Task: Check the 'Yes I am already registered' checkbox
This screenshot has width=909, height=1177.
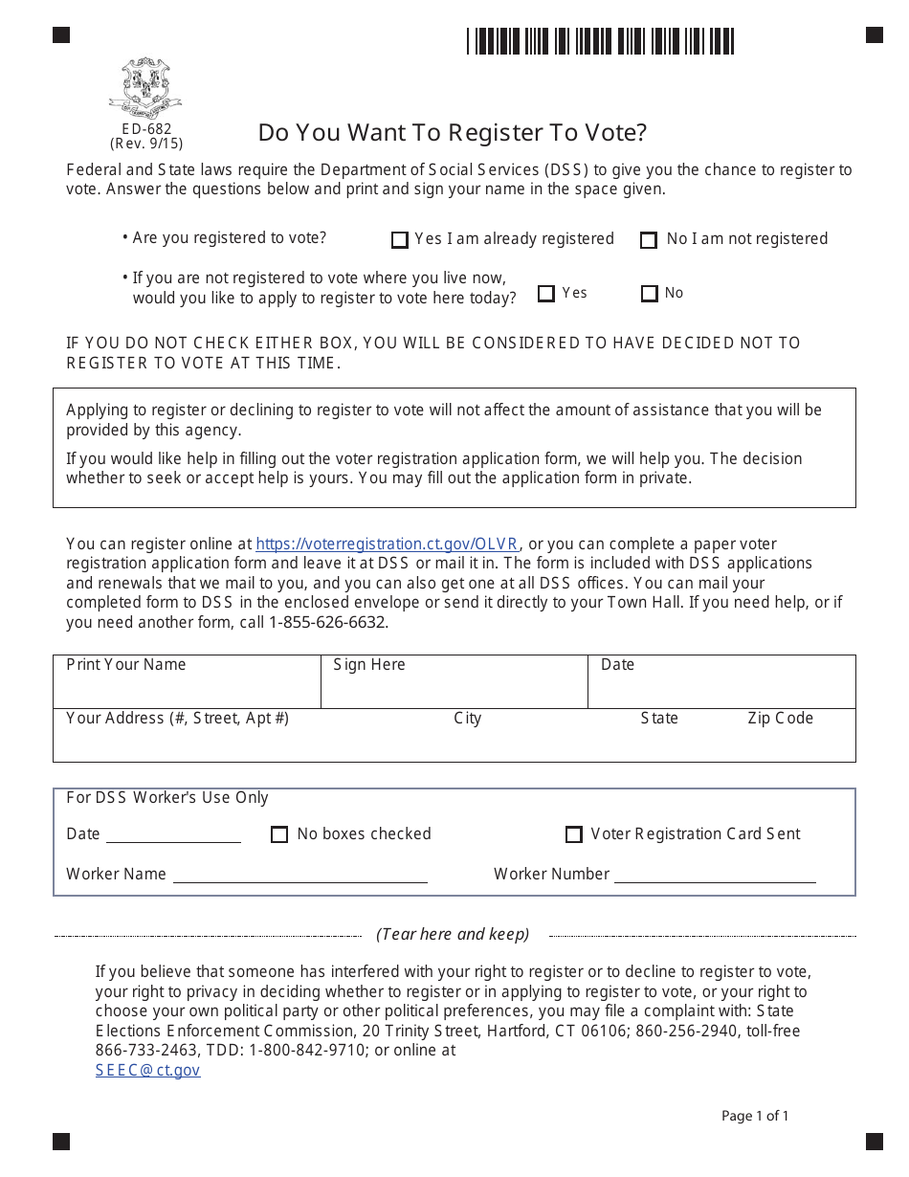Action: [x=400, y=239]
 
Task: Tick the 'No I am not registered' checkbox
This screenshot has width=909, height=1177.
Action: [x=649, y=239]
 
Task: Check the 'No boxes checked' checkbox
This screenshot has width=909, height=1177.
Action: [x=279, y=834]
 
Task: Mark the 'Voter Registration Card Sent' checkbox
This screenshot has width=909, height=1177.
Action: [x=574, y=834]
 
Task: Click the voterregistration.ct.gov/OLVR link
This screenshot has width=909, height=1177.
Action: [x=388, y=544]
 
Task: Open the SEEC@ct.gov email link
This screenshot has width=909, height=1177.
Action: [x=147, y=1070]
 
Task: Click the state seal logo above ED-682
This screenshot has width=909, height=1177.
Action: [x=145, y=87]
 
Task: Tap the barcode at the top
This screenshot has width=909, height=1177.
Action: [x=601, y=41]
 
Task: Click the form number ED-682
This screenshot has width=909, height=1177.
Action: [x=146, y=128]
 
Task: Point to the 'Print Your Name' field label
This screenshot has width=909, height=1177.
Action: [x=126, y=664]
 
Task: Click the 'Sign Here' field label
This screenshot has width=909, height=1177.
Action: [x=369, y=664]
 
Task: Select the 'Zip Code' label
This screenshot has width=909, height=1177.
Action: [x=780, y=718]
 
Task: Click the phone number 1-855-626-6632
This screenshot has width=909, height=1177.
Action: [x=327, y=622]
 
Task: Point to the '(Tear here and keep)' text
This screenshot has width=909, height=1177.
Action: [x=453, y=934]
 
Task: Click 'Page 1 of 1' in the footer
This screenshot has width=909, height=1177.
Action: [x=755, y=1116]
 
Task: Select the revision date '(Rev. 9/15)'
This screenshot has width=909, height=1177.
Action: [x=146, y=144]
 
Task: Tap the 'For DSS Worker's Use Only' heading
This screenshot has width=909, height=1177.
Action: [x=167, y=797]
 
